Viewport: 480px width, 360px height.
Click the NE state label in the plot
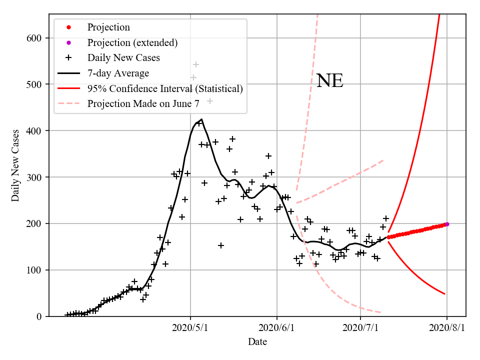[x=329, y=80]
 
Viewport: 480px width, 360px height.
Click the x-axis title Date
[x=257, y=342]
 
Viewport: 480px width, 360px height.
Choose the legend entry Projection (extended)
[x=132, y=42]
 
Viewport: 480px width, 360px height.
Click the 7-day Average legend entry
[x=118, y=73]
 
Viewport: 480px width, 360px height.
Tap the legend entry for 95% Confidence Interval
[x=164, y=89]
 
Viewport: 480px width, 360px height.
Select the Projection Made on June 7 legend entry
[x=150, y=104]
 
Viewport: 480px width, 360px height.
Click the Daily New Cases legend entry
[x=123, y=58]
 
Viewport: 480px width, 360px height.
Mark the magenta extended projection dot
[x=447, y=224]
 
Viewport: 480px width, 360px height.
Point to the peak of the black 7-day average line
[x=201, y=119]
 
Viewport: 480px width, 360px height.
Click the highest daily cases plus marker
[x=196, y=64]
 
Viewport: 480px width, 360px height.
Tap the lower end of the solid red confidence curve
[x=444, y=293]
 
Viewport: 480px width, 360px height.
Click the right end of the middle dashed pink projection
[x=383, y=160]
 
